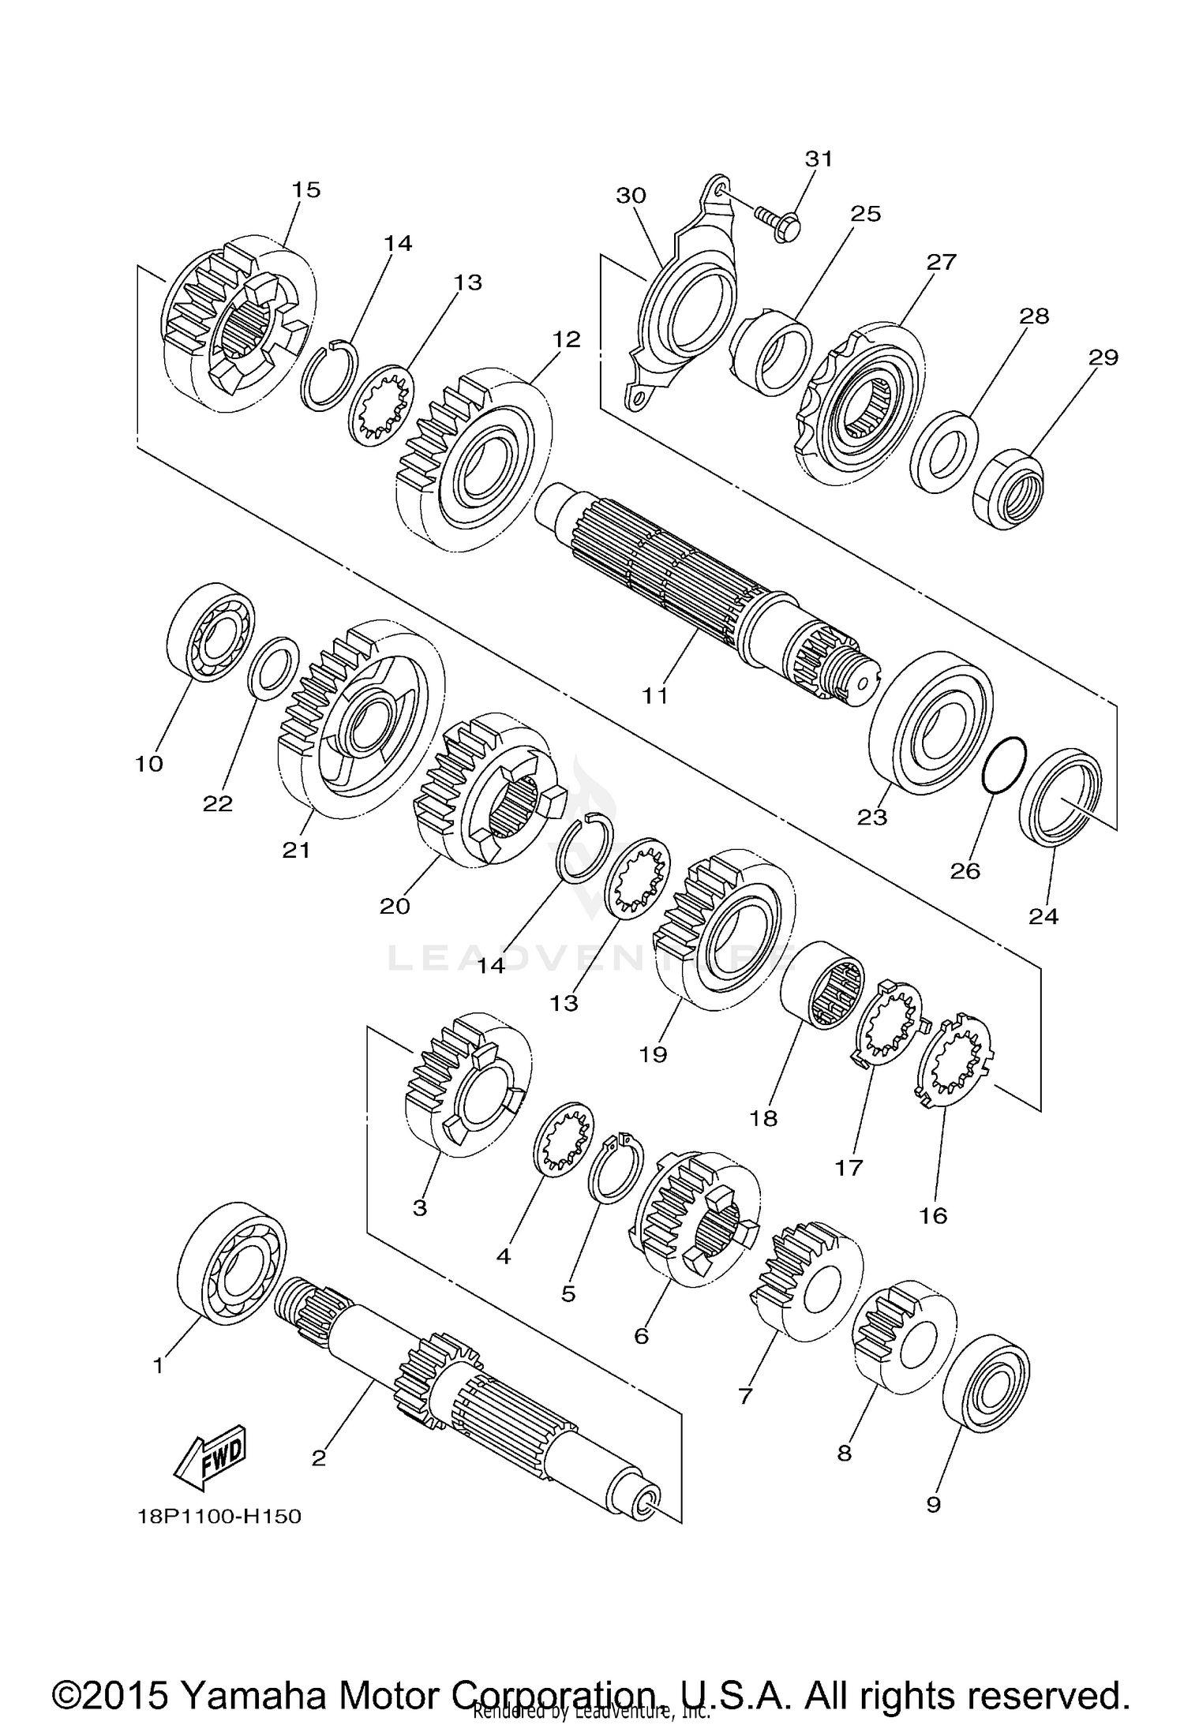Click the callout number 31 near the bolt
point(819,159)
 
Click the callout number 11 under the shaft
point(655,695)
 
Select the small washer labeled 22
point(273,668)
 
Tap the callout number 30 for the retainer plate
point(631,195)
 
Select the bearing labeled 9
point(987,1383)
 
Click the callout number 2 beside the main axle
point(318,1457)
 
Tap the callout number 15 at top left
point(306,189)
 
